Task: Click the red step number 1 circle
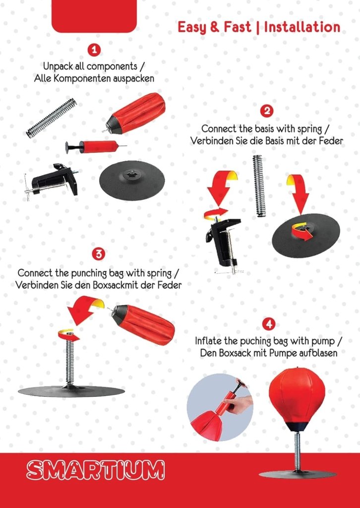(x=94, y=50)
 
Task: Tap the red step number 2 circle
(x=267, y=111)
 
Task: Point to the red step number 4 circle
(x=268, y=324)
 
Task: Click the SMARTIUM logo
(x=96, y=470)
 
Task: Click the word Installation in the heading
(x=302, y=27)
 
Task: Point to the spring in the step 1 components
(x=52, y=118)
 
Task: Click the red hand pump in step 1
(x=96, y=147)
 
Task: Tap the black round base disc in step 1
(x=132, y=180)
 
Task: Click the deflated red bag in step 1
(x=135, y=114)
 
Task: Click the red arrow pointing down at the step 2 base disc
(x=298, y=193)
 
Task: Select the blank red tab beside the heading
(x=94, y=16)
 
